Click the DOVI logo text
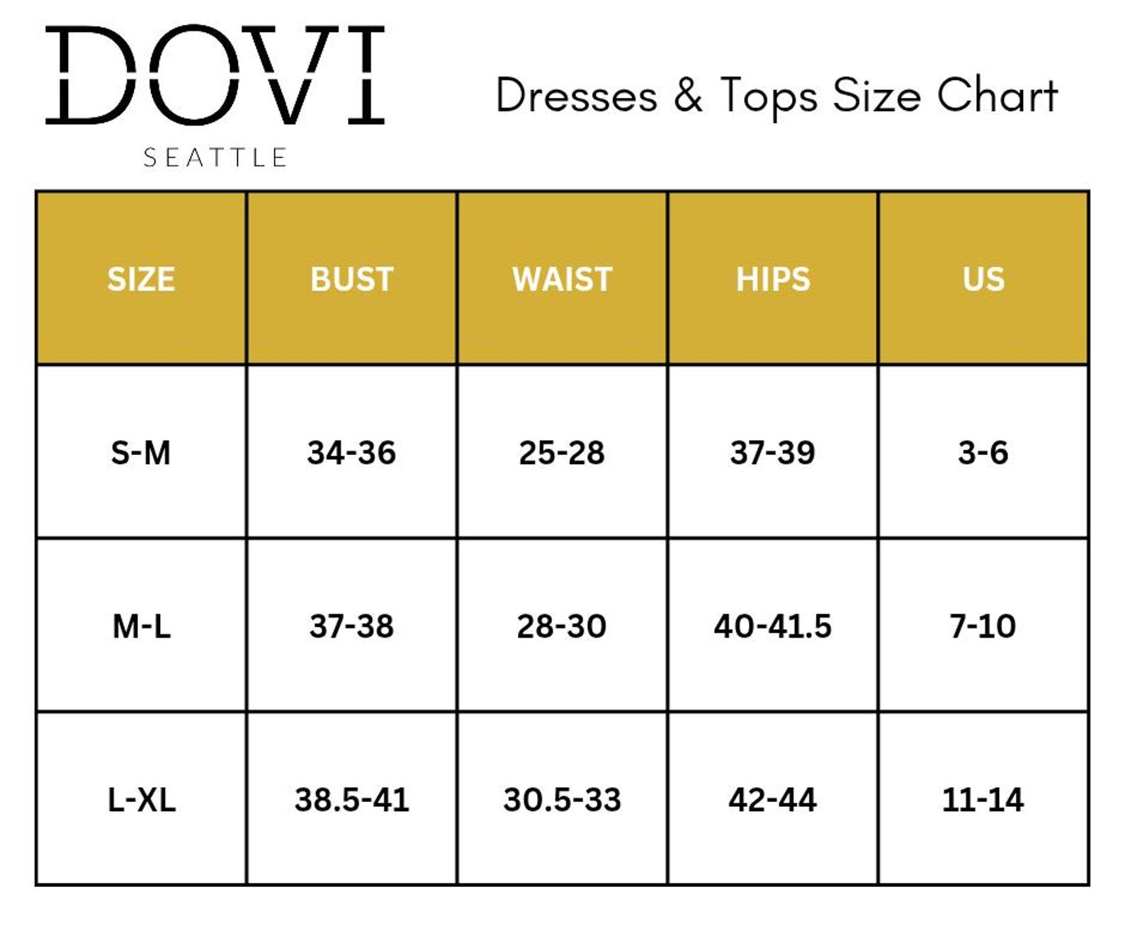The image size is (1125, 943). (215, 75)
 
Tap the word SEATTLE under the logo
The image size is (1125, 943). (215, 158)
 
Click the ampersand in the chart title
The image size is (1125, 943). (688, 96)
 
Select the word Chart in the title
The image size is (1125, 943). (997, 96)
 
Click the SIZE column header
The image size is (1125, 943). (141, 279)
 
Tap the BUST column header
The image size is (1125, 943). (352, 279)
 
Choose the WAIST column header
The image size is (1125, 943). (562, 279)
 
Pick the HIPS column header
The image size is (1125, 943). (773, 279)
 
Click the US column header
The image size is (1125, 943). (984, 279)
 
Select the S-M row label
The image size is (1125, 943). (140, 453)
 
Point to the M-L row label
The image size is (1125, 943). (142, 627)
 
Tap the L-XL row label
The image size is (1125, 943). (142, 800)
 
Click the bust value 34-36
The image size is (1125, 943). (352, 453)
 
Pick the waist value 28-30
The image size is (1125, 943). (562, 627)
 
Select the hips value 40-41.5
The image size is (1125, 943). (773, 627)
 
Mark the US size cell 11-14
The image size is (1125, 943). (983, 800)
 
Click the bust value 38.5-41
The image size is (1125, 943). (352, 800)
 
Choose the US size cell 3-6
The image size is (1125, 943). (983, 453)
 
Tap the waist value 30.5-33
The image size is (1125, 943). (562, 800)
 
